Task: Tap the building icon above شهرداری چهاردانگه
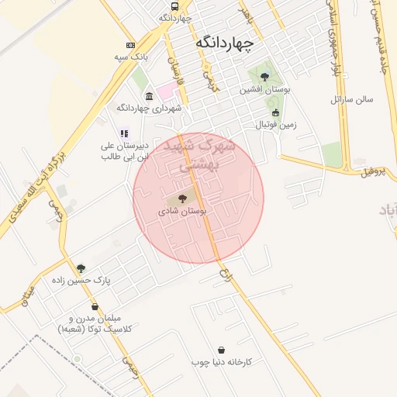click(148, 96)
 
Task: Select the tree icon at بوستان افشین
click(265, 77)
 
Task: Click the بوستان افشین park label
click(266, 91)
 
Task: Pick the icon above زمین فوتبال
click(275, 112)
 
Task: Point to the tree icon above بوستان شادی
click(182, 198)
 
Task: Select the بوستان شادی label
click(182, 212)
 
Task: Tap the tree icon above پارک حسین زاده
click(81, 268)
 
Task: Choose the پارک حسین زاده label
click(81, 281)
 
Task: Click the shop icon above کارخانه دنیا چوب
click(223, 350)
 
